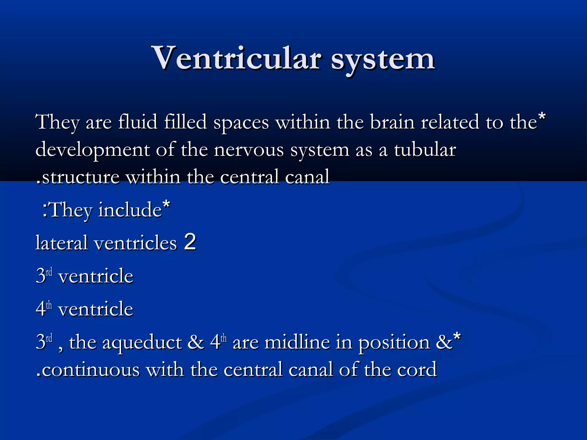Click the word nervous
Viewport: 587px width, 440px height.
[x=249, y=150]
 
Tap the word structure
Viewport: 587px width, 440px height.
[x=81, y=177]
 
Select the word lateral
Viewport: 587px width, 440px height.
[x=61, y=243]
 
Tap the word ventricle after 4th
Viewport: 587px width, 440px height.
[x=96, y=309]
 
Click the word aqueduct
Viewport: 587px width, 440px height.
[x=142, y=343]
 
